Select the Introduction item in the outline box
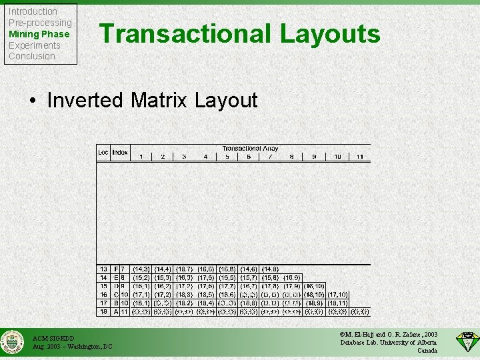pos(33,11)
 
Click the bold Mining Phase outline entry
pos(39,34)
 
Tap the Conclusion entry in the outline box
pos(31,56)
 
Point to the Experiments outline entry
pos(34,45)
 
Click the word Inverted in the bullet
pos(85,101)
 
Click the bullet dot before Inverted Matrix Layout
pos(33,101)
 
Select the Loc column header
pos(103,152)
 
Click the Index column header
pos(120,152)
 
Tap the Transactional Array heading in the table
pos(250,149)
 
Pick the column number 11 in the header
pos(359,157)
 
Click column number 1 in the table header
pos(141,157)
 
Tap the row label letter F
pos(117,269)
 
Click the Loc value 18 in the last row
pos(103,311)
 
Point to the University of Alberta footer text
pos(410,343)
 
